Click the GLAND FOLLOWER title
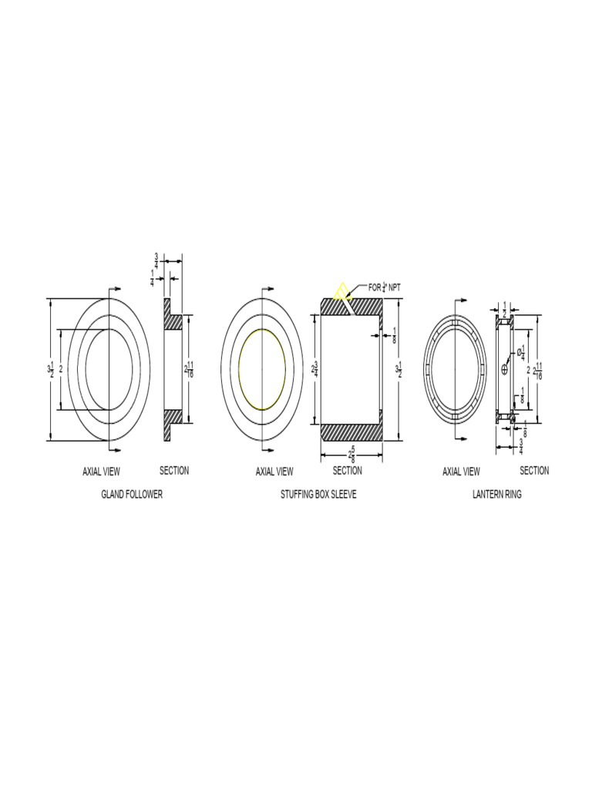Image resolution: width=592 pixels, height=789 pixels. click(x=132, y=495)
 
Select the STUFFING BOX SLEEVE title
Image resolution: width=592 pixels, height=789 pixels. click(x=318, y=495)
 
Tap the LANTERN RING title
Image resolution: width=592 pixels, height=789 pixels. click(x=496, y=495)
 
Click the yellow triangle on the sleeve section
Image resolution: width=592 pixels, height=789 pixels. click(x=339, y=292)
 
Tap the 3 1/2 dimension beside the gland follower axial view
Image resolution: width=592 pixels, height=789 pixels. click(x=51, y=369)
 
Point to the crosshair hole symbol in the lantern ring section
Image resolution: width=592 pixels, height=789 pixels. click(x=505, y=369)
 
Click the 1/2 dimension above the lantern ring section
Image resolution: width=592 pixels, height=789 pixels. click(x=505, y=308)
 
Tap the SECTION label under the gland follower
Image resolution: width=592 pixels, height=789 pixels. click(x=173, y=471)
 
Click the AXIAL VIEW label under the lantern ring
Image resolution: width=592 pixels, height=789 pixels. click(x=461, y=472)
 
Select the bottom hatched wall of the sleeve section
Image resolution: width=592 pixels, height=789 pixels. click(x=351, y=432)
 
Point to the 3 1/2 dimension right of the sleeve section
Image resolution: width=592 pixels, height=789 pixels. click(x=399, y=369)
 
